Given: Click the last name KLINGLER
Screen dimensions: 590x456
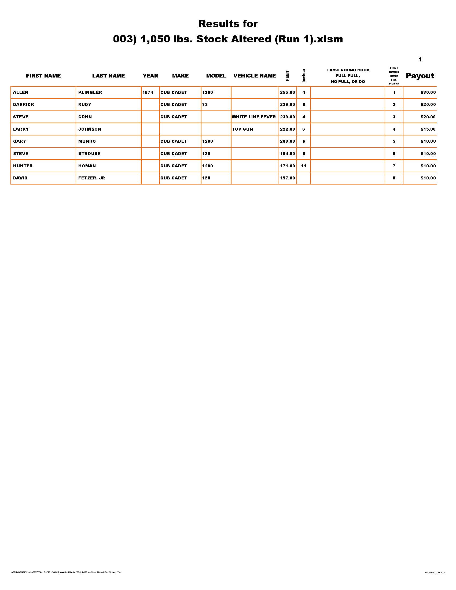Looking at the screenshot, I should (x=90, y=93).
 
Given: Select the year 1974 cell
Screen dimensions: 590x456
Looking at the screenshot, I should (x=148, y=93).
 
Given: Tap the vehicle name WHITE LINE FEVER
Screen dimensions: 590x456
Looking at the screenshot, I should (x=254, y=117).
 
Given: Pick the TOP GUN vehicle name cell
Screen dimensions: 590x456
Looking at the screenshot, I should (x=242, y=129).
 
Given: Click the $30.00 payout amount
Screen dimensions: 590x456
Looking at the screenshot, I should (x=428, y=93).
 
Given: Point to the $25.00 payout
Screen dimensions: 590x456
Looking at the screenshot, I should (x=428, y=105).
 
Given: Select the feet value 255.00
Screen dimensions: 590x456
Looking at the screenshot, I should (x=287, y=93).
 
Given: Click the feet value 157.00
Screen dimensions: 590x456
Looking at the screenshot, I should (x=287, y=178).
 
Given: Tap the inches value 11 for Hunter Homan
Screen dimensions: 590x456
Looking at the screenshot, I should (x=304, y=166).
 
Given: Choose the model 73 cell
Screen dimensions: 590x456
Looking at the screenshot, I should (x=205, y=105).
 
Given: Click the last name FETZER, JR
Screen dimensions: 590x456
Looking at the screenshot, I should (x=91, y=178).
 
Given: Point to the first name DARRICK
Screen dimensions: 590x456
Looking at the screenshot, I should (x=24, y=105).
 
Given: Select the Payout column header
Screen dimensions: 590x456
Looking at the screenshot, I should (x=420, y=76).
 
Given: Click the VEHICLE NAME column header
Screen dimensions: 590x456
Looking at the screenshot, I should (x=255, y=76).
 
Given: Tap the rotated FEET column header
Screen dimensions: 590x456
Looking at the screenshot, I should (x=287, y=76).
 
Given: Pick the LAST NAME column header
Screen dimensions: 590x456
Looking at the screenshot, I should (x=108, y=76).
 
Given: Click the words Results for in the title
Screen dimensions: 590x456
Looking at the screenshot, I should (x=228, y=24).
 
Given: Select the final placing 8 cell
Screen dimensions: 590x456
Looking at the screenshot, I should (x=394, y=178).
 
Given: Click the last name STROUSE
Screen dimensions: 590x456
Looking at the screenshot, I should (x=89, y=153).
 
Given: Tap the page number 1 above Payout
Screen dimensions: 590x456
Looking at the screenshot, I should (x=420, y=60).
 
